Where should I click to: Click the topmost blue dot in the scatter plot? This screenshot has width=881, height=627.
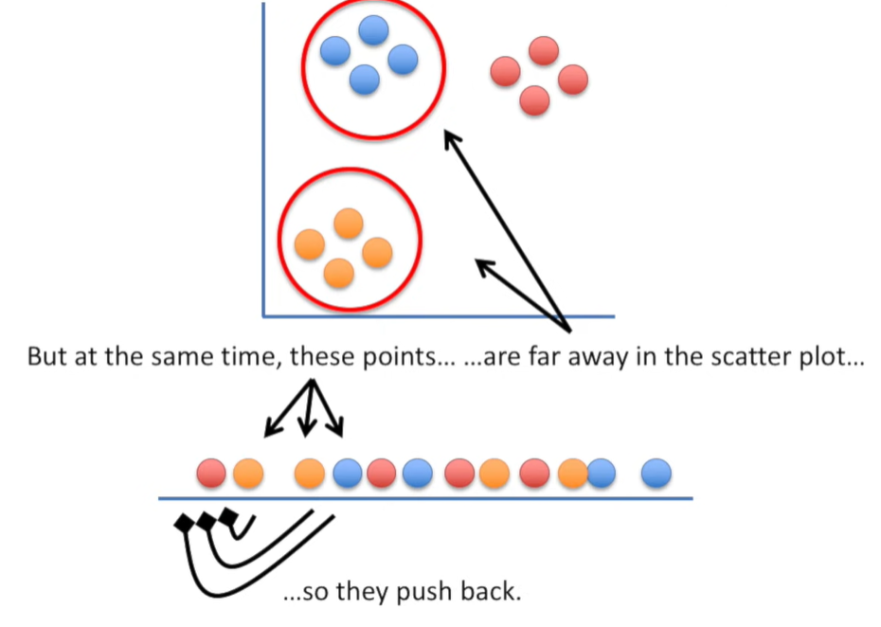[x=373, y=30]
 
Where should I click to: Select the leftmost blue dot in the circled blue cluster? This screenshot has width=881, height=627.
[x=335, y=50]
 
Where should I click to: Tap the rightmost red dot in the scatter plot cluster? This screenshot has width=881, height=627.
[x=573, y=80]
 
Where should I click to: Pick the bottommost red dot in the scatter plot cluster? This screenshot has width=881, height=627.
[x=534, y=100]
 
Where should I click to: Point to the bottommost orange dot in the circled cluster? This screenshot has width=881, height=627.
[x=338, y=273]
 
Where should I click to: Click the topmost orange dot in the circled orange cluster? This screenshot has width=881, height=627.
[x=349, y=224]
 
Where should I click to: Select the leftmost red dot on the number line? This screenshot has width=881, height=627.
[x=211, y=472]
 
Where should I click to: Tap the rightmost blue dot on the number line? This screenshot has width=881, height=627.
[x=656, y=472]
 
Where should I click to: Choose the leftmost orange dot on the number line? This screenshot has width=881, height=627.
[x=247, y=472]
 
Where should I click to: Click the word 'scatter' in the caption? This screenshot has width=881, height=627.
[x=762, y=359]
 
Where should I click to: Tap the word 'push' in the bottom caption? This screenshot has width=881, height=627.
[x=422, y=593]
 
